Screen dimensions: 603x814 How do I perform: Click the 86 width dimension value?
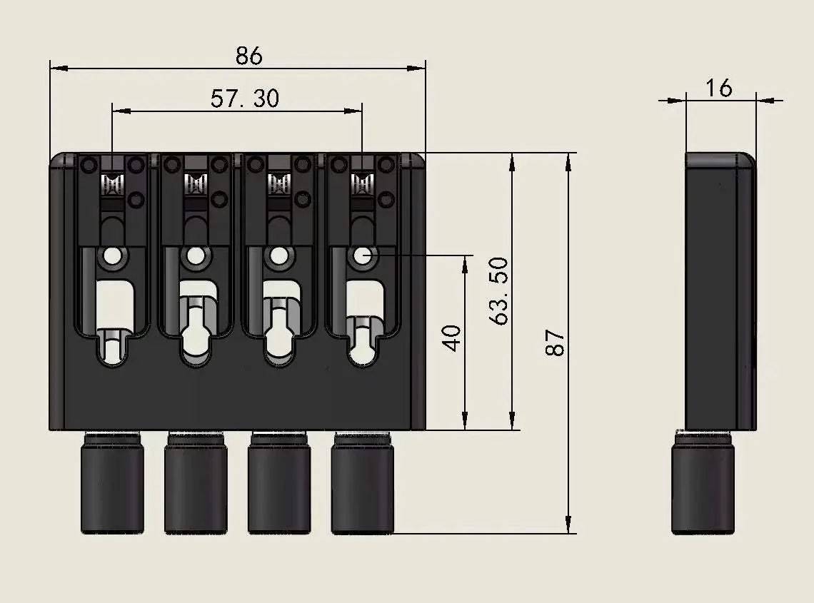click(249, 55)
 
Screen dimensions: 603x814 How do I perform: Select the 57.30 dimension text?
click(245, 98)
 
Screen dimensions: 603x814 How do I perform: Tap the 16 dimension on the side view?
click(718, 88)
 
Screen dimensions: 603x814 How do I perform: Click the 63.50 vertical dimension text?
click(499, 291)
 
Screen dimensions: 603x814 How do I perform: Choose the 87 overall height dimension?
click(555, 343)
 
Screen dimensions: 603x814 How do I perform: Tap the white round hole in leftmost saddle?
click(112, 255)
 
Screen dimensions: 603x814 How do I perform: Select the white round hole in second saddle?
click(195, 255)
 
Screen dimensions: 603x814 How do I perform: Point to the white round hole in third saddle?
click(278, 255)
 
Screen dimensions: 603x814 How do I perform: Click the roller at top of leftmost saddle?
click(112, 185)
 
